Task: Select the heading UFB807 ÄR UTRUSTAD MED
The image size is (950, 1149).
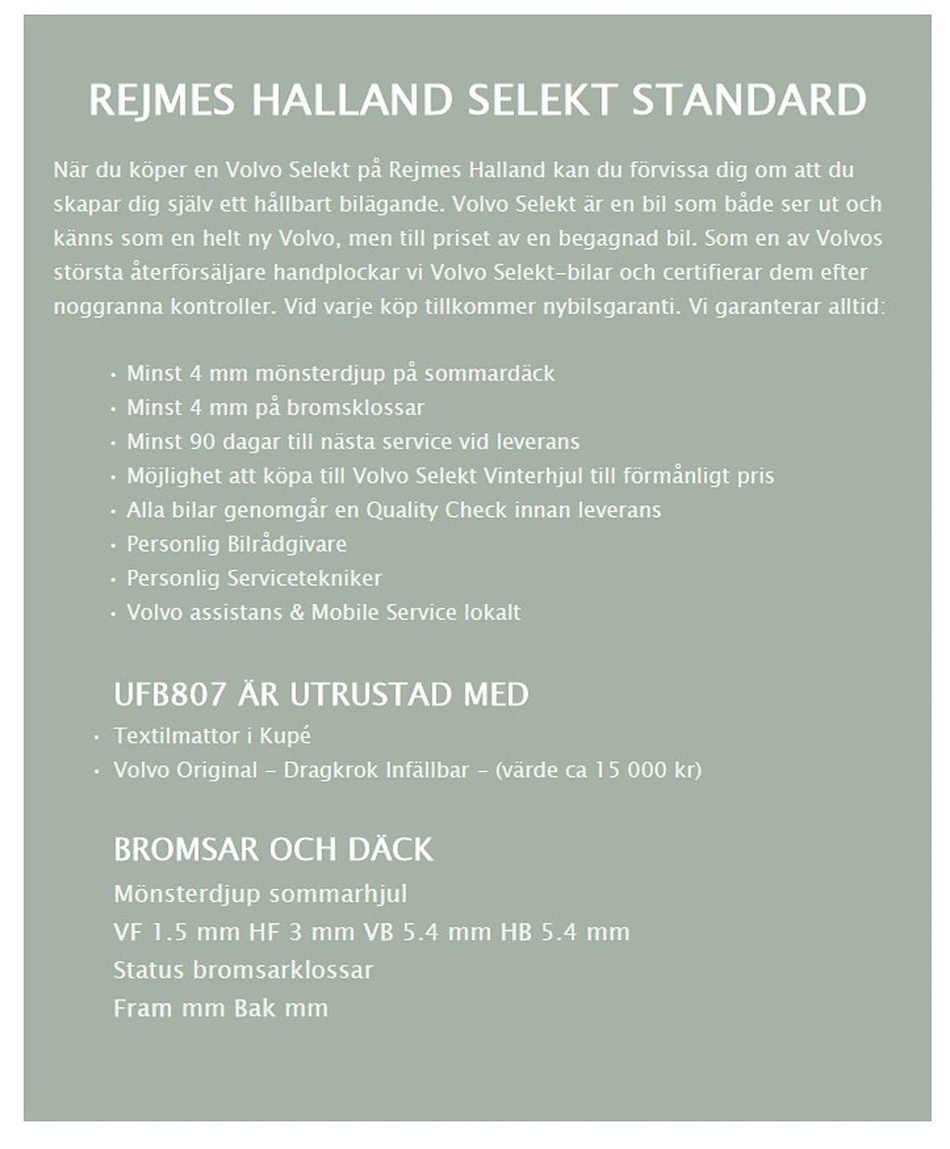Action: click(x=321, y=694)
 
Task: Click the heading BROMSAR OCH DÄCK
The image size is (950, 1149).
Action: click(x=273, y=849)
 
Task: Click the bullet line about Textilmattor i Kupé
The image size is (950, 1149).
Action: click(x=212, y=736)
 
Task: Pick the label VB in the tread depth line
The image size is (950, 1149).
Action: click(x=379, y=932)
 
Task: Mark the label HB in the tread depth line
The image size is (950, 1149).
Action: click(x=516, y=932)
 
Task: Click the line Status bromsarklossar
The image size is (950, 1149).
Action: click(x=243, y=971)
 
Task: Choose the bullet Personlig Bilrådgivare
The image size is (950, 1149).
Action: click(x=237, y=544)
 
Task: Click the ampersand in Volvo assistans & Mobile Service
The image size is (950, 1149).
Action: click(x=297, y=613)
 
